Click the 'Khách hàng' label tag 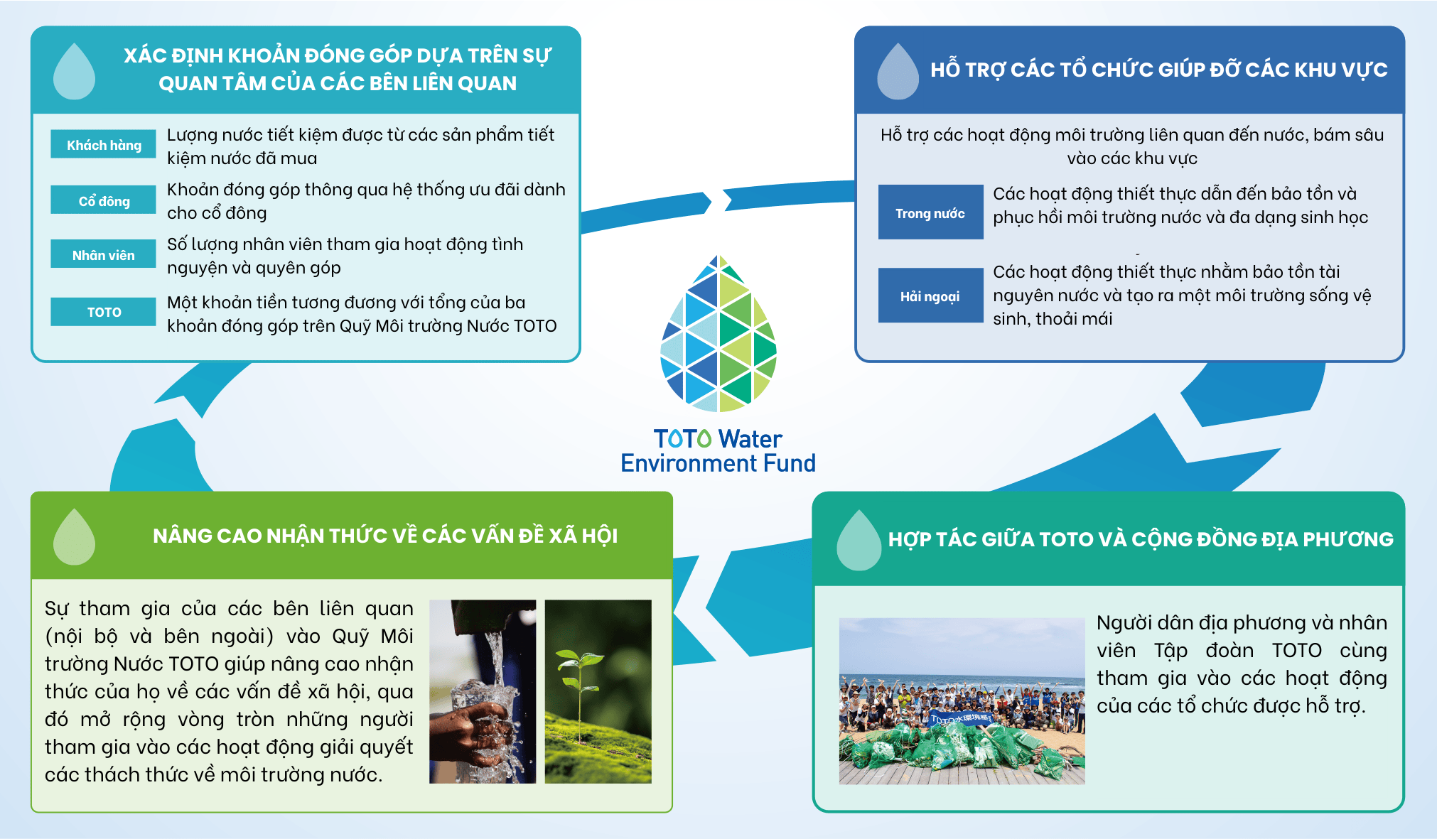pos(104,144)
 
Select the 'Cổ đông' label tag pos(104,200)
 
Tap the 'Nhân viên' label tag pos(104,254)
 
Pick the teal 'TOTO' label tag pos(104,311)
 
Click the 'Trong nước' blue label pos(930,212)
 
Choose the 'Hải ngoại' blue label pos(930,296)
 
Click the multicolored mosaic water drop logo pos(718,334)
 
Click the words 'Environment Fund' pos(718,464)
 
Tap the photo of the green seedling pos(598,691)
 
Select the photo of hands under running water pos(483,691)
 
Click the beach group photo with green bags pos(962,700)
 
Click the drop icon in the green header pos(74,538)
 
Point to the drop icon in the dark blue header pos(898,72)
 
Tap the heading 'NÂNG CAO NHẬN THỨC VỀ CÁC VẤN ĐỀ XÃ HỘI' pos(385,536)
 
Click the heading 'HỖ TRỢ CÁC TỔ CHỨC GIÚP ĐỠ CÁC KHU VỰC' pos(1158,70)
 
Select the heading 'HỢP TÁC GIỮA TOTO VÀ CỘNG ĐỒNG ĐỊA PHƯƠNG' pos(1141,539)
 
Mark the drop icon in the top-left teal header pos(74,72)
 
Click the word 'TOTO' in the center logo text pos(682,439)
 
